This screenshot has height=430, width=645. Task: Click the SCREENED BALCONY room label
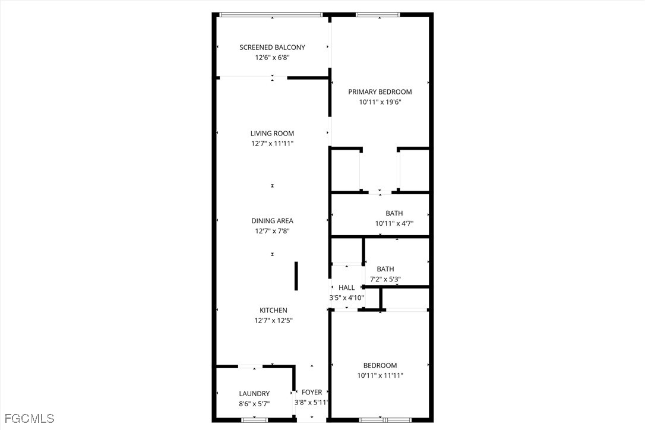[x=273, y=48]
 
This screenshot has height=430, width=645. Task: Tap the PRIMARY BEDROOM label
[x=380, y=91]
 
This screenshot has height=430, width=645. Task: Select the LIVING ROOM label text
[x=273, y=133]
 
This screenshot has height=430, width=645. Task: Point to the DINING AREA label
[x=273, y=221]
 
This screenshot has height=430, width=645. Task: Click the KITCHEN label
[x=273, y=310]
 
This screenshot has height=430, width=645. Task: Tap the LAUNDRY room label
[x=254, y=394]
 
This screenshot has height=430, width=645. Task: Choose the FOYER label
[x=312, y=392]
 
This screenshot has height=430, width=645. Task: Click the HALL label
[x=346, y=287]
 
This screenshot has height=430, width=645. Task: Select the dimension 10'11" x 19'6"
[x=380, y=102]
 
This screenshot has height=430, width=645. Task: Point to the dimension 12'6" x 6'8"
[x=273, y=58]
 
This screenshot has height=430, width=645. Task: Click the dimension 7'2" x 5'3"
[x=385, y=279]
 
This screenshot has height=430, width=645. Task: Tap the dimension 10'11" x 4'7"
[x=394, y=223]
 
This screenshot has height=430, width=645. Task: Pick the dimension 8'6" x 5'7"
[x=254, y=404]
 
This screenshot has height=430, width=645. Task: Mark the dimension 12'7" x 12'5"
[x=273, y=321]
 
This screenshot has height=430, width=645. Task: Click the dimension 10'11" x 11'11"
[x=380, y=375]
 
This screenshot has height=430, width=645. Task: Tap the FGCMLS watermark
[x=27, y=419]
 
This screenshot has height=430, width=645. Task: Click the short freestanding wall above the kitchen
[x=296, y=276]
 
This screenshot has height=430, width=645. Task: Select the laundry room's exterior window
[x=254, y=420]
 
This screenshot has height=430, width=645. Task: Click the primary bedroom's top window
[x=378, y=15]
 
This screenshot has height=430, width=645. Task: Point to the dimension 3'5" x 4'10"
[x=346, y=298]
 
